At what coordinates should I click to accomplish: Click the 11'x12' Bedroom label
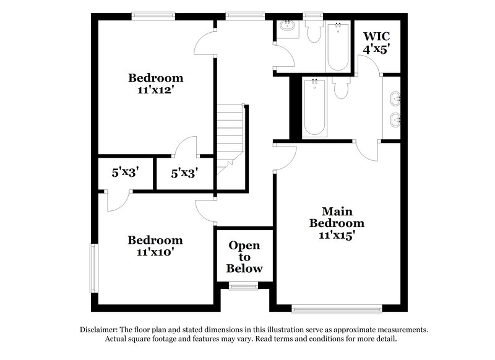click(155, 84)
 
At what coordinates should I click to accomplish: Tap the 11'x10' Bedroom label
click(155, 246)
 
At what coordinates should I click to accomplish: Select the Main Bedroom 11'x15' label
click(337, 223)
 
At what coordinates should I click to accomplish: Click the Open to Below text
click(244, 257)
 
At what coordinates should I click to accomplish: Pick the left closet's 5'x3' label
click(124, 173)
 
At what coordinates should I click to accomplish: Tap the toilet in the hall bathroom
click(312, 32)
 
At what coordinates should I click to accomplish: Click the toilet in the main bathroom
click(340, 90)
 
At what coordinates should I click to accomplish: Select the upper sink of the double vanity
click(396, 98)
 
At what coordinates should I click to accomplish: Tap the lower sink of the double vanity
click(396, 119)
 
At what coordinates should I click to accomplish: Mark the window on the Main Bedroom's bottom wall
click(320, 307)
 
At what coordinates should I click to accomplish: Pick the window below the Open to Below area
click(238, 286)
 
